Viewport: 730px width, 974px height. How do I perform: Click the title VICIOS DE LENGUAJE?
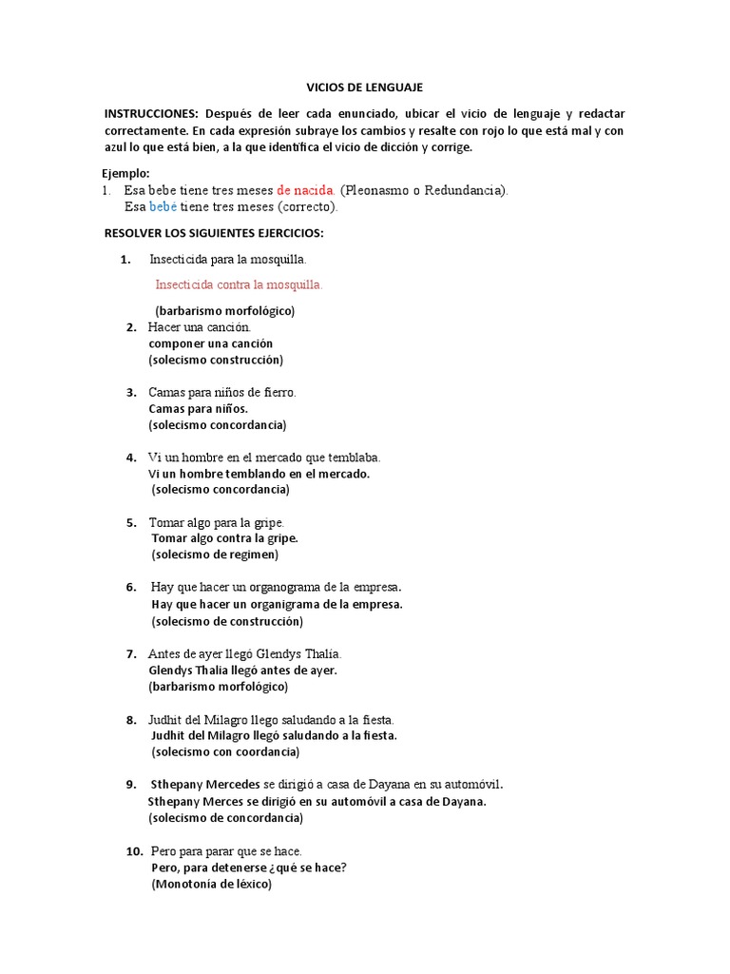364,87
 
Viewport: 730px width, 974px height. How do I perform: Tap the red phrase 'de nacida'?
305,189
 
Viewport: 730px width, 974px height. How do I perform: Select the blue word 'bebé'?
163,206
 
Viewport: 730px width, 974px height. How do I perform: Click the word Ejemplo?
125,172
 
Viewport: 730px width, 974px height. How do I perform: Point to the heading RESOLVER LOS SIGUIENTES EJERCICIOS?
213,233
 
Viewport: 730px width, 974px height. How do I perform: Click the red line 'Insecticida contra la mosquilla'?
239,283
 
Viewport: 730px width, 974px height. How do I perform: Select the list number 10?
133,850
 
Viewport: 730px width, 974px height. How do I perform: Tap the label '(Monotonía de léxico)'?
211,884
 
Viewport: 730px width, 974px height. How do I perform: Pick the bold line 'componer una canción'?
210,342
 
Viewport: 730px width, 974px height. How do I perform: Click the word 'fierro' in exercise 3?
278,392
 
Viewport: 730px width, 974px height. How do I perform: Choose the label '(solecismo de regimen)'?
215,555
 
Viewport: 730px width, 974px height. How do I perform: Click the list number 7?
130,653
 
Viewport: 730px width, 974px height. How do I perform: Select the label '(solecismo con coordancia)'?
225,751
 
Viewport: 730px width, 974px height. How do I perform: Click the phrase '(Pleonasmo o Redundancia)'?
424,189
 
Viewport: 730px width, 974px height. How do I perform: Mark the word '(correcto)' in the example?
308,206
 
